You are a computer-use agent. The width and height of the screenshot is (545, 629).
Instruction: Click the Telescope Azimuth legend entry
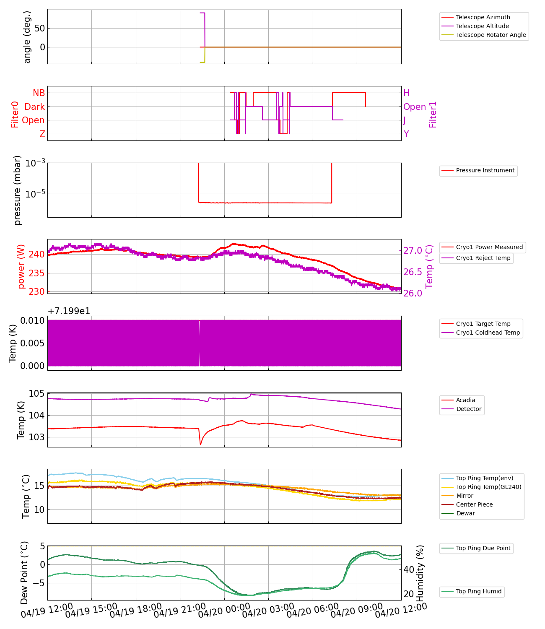(483, 17)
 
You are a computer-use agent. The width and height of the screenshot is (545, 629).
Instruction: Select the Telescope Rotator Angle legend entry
(490, 35)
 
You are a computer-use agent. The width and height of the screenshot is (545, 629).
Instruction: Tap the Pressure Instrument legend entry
(485, 170)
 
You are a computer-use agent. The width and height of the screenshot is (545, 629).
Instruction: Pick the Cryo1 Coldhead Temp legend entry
(488, 333)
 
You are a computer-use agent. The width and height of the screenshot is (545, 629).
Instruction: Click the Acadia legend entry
(465, 400)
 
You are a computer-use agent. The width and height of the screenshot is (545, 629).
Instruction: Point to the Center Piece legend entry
(474, 504)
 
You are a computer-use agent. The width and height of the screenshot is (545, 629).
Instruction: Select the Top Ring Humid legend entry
(478, 591)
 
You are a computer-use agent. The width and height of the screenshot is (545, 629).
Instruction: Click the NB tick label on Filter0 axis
(39, 93)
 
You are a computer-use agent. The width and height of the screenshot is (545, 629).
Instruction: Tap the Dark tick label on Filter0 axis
(34, 107)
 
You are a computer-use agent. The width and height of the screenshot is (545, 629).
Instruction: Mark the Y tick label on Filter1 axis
(406, 134)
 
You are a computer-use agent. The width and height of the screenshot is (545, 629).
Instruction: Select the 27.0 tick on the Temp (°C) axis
(413, 251)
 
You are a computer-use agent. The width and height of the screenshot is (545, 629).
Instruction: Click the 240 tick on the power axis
(36, 255)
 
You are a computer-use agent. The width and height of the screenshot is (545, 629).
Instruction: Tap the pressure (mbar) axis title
(18, 190)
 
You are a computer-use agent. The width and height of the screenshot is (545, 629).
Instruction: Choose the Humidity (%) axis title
(420, 573)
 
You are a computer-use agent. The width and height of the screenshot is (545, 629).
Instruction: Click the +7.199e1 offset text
(69, 311)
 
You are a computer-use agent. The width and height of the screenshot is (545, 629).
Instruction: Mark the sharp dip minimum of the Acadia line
(200, 444)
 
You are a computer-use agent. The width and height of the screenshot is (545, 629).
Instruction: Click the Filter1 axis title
(433, 114)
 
